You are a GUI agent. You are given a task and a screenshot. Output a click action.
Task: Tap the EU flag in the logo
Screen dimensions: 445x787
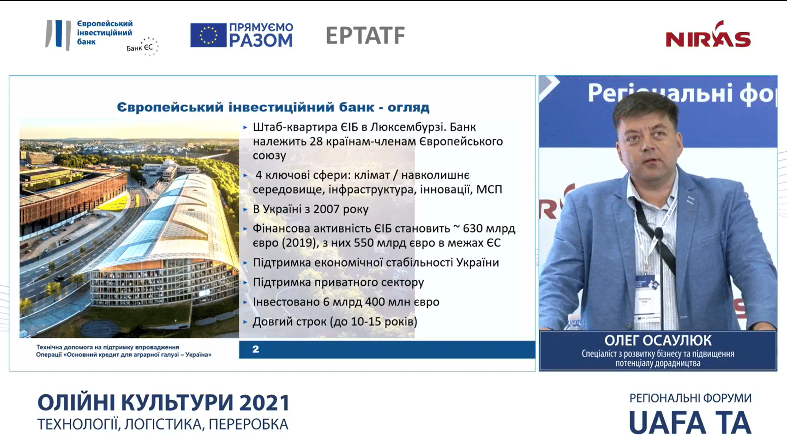tap(208, 35)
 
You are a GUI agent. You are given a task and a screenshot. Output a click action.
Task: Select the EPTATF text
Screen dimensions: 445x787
tap(365, 35)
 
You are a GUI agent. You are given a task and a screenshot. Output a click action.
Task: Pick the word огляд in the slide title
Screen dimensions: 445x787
tap(408, 107)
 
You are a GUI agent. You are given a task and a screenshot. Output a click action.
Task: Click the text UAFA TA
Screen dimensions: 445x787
tap(690, 423)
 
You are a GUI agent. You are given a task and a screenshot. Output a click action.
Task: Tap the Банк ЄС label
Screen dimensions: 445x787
tap(139, 48)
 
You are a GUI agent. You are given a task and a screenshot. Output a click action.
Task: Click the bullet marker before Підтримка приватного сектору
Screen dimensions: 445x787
tap(245, 283)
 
